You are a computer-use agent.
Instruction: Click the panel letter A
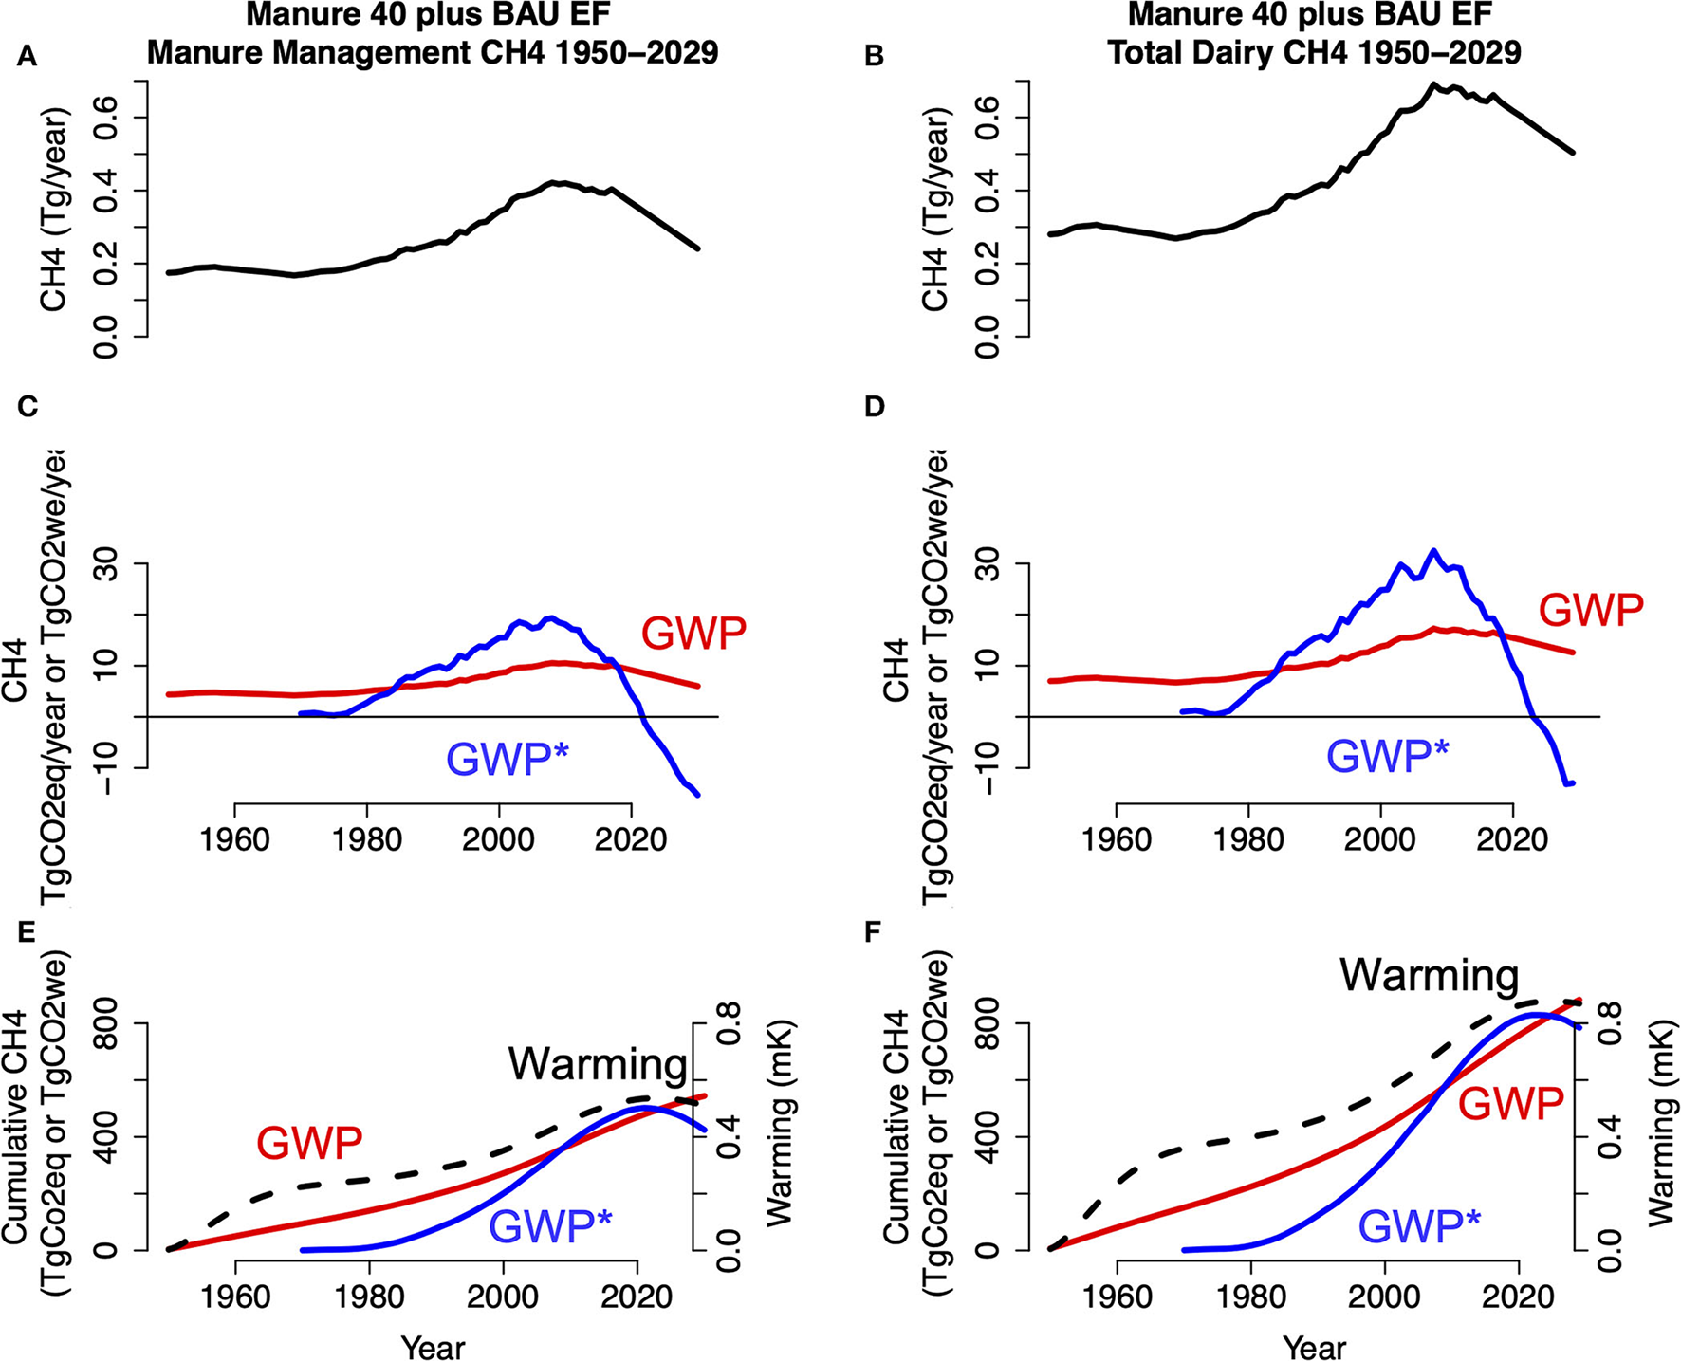(x=28, y=57)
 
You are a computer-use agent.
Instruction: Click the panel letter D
(x=875, y=407)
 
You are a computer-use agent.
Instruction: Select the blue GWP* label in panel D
(x=1387, y=757)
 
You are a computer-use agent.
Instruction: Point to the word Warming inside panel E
(x=597, y=1064)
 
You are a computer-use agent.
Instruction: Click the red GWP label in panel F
(x=1510, y=1105)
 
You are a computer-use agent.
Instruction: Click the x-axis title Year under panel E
(x=433, y=1347)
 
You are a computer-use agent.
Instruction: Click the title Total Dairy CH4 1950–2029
(x=1314, y=51)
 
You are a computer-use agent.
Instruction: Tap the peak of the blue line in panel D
(x=1433, y=550)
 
